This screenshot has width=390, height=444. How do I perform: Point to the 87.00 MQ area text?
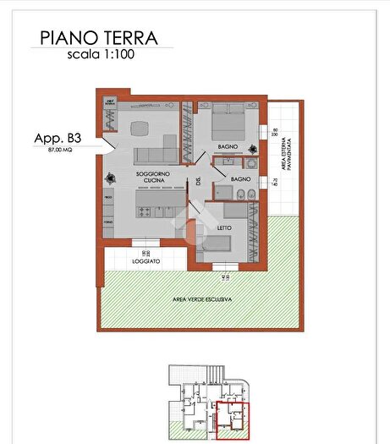(52, 150)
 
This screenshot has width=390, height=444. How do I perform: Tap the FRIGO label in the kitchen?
(107, 196)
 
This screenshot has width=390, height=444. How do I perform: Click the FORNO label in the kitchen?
(107, 222)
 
